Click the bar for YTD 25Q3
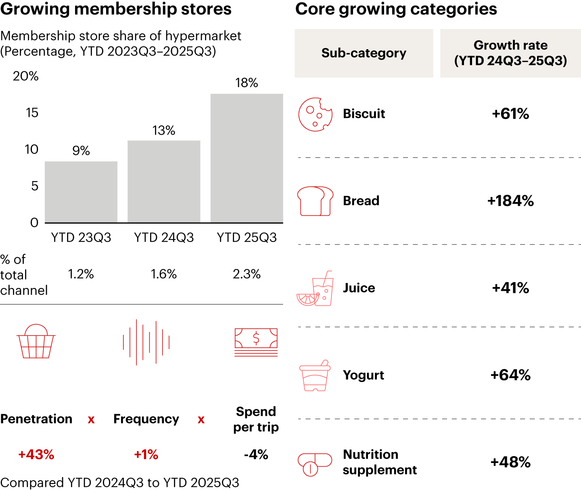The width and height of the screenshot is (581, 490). pos(247,158)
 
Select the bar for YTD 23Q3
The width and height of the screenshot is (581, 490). pos(81,192)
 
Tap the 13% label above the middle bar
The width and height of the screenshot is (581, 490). pos(164,130)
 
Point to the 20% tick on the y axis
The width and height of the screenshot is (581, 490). pos(26,76)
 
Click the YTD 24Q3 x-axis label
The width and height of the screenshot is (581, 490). pos(164,238)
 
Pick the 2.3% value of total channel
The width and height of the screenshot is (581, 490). pos(247,274)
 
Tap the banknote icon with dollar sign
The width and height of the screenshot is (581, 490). pos(256,342)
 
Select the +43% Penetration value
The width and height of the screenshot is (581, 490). pos(36,455)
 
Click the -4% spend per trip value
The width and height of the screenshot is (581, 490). pos(256,455)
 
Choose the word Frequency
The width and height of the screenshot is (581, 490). pos(146,419)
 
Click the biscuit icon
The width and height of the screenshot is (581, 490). pos(315,114)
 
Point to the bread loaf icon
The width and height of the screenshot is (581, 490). pos(315,201)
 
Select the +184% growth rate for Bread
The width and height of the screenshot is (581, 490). pos(510,201)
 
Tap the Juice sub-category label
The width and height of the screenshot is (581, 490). pos(359,288)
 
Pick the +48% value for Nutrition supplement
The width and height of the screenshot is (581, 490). pos(510,462)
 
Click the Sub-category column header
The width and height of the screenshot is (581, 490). pos(364,53)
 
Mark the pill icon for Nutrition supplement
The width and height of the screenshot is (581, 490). pos(315,464)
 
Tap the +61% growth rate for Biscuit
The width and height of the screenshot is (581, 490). pos(510,114)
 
